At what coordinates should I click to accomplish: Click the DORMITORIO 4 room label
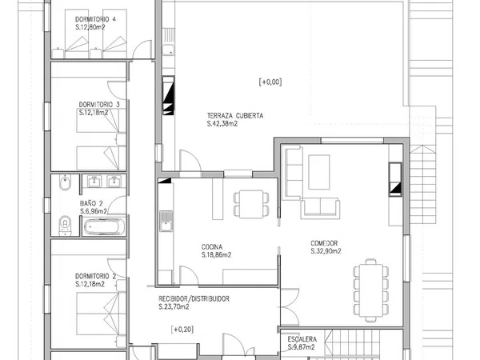click(x=95, y=19)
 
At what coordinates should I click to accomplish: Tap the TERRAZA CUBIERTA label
click(x=235, y=116)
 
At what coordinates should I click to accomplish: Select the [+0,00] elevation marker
click(x=270, y=82)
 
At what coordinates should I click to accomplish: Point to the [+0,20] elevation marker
click(x=182, y=330)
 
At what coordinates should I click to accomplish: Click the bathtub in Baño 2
click(x=104, y=226)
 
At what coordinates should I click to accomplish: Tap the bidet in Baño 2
click(x=65, y=182)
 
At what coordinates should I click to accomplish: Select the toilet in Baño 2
click(x=65, y=226)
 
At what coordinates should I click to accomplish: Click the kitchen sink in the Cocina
click(x=166, y=221)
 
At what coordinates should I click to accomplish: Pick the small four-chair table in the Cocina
click(x=251, y=204)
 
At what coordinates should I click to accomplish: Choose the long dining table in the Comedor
click(x=371, y=290)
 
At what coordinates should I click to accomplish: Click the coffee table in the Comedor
click(x=319, y=172)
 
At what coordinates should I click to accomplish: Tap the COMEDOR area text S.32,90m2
click(x=326, y=251)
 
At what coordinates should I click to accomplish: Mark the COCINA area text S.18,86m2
click(x=217, y=255)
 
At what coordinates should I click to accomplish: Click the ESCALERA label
click(x=302, y=339)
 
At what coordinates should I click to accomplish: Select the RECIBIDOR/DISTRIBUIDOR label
click(x=194, y=298)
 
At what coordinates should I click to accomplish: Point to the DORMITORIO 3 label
click(x=99, y=105)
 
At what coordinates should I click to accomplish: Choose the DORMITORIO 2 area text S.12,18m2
click(x=90, y=284)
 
